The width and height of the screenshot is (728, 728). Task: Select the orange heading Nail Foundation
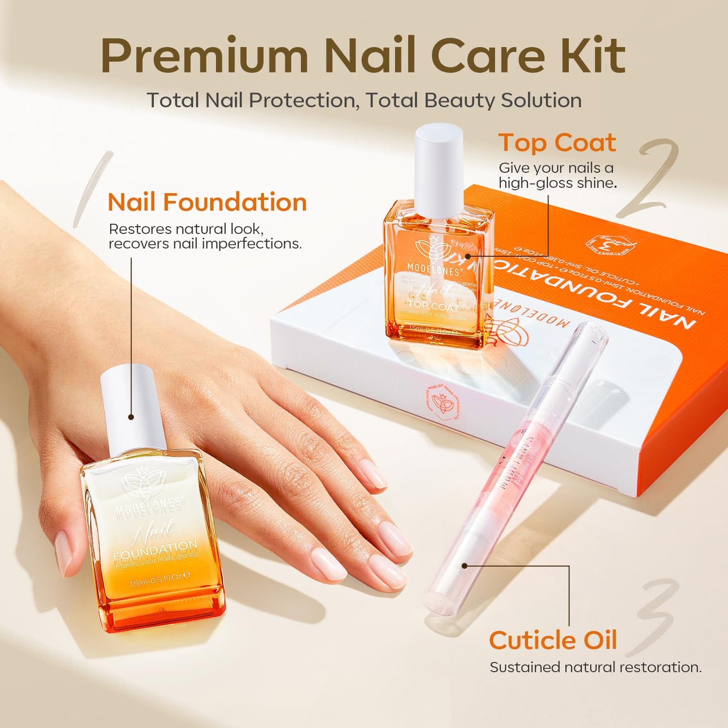click(207, 203)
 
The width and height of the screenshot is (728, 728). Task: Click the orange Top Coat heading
click(557, 143)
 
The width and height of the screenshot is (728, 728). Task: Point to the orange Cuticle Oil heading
click(553, 640)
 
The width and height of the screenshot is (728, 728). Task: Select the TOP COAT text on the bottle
click(433, 305)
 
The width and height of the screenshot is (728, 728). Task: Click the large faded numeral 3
click(655, 615)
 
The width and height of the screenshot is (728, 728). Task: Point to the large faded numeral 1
click(93, 189)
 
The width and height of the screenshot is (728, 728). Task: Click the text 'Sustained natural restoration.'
click(595, 667)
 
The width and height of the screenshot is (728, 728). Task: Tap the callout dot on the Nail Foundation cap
click(131, 417)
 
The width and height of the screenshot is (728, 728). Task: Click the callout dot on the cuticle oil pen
click(465, 566)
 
